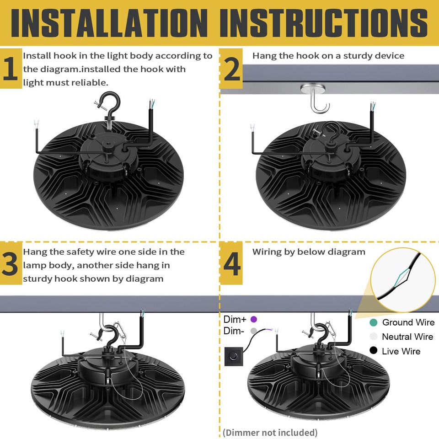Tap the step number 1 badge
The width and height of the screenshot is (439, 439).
pyautogui.click(x=11, y=70)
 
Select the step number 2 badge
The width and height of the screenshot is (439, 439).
pyautogui.click(x=231, y=70)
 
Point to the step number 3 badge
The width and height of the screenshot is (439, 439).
pyautogui.click(x=11, y=265)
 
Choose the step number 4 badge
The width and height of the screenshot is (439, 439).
pyautogui.click(x=231, y=265)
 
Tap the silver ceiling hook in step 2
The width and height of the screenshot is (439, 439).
pyautogui.click(x=315, y=98)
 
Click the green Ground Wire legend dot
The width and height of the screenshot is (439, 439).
pyautogui.click(x=374, y=322)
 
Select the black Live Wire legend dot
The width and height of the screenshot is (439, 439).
pyautogui.click(x=374, y=351)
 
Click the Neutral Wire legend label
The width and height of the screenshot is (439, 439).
pyautogui.click(x=407, y=337)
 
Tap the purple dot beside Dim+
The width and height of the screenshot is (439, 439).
pyautogui.click(x=254, y=319)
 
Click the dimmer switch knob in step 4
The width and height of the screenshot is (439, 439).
pyautogui.click(x=235, y=355)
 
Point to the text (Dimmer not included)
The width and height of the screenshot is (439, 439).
pyautogui.click(x=270, y=432)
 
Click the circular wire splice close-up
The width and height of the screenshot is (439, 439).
pyautogui.click(x=402, y=277)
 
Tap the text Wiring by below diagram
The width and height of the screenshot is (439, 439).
pyautogui.click(x=309, y=252)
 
